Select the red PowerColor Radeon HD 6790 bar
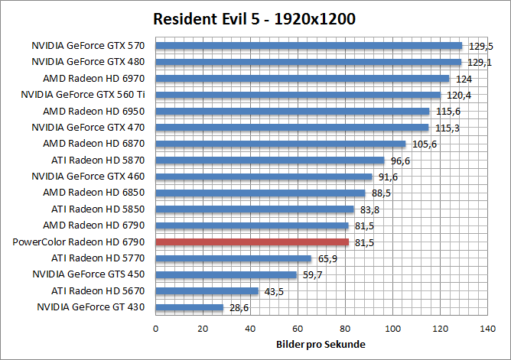252,242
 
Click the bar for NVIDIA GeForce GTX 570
309,45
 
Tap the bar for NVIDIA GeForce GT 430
190,307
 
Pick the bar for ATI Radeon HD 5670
207,291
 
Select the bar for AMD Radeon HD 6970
302,78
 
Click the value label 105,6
424,144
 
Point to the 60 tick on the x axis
298,328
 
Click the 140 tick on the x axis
487,328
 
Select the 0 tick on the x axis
156,328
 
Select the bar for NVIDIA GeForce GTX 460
264,177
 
